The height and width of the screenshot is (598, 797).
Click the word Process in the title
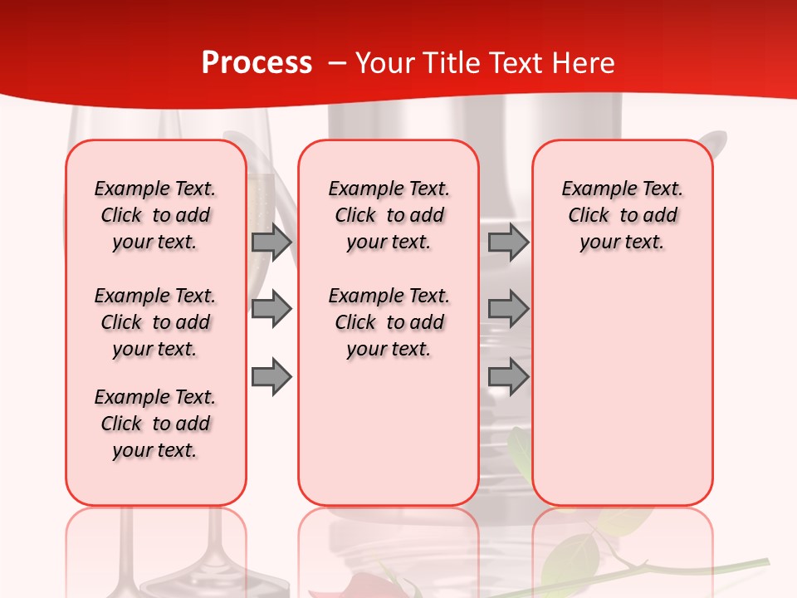[x=257, y=63]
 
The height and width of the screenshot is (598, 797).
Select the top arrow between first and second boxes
[x=271, y=242]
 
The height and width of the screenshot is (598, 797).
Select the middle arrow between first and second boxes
[x=271, y=309]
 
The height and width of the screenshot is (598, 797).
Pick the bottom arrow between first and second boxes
[x=271, y=377]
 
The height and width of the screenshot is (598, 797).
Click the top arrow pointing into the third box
[x=508, y=242]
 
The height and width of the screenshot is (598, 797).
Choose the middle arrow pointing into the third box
[x=508, y=309]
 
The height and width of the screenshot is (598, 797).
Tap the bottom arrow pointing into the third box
[x=508, y=377]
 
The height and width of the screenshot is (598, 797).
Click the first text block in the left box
[x=155, y=215]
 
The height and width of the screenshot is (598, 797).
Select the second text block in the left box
[x=155, y=322]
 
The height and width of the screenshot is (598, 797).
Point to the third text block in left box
[x=155, y=424]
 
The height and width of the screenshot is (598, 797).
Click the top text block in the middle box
[x=389, y=215]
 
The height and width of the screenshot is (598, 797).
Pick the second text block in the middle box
[x=389, y=322]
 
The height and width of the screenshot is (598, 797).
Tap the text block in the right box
[x=622, y=215]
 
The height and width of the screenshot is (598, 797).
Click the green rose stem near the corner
[x=706, y=568]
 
